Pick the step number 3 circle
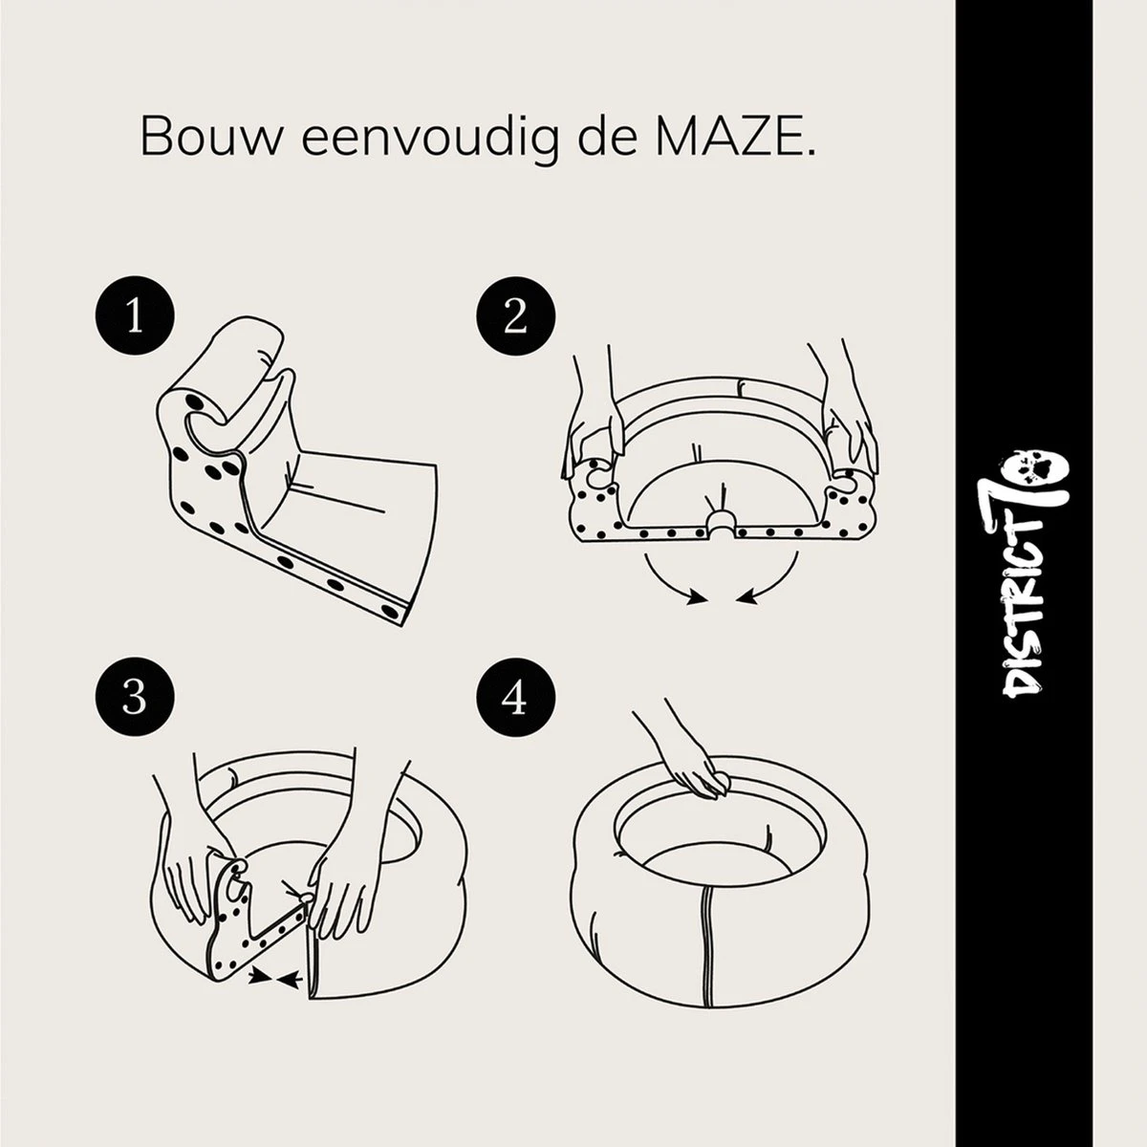click(x=134, y=698)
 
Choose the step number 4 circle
click(x=515, y=698)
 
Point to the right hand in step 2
click(x=846, y=421)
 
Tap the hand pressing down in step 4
click(x=693, y=765)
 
